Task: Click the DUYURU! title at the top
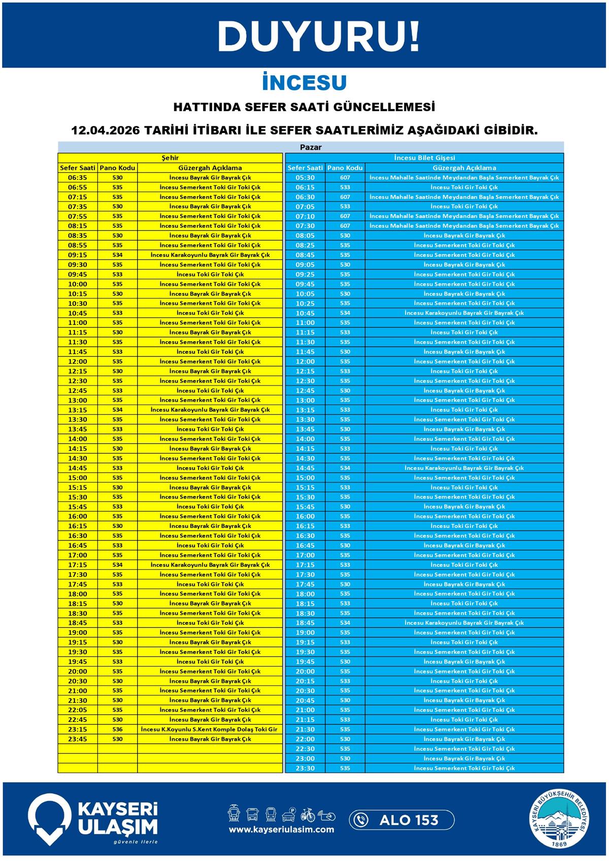coord(319,36)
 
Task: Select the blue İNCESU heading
coord(304,83)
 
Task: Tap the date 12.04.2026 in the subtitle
coord(105,130)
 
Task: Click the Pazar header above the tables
coord(311,147)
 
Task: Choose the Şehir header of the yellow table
coord(170,158)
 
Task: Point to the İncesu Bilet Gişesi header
coord(424,158)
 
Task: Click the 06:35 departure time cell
coord(77,178)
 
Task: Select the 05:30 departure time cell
coord(305,178)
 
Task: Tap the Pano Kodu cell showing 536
coord(117,730)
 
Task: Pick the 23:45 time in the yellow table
coord(77,739)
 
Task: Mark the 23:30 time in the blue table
coord(305,768)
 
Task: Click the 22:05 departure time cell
coord(77,710)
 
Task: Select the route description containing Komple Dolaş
coord(210,730)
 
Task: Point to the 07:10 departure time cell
coord(305,216)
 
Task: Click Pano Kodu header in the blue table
coord(345,168)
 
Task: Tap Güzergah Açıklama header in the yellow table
coord(210,168)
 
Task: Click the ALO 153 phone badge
coord(401,820)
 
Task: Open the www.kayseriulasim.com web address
coord(281,830)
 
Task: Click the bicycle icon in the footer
coord(308,815)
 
